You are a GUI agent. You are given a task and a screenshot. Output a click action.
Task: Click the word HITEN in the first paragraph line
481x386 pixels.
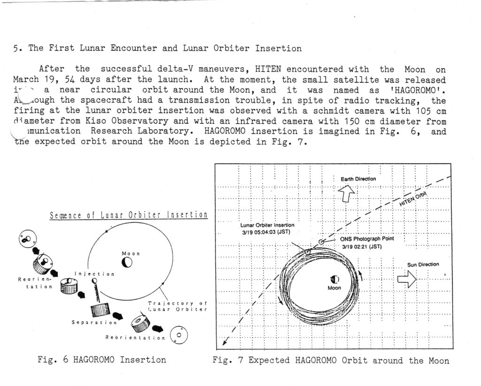click(x=268, y=69)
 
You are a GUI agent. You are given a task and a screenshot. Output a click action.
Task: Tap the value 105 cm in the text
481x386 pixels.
click(x=430, y=110)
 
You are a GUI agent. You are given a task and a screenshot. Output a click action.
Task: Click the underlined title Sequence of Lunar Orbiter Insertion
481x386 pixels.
click(x=128, y=215)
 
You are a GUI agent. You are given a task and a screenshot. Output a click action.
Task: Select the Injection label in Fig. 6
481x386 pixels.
click(x=94, y=274)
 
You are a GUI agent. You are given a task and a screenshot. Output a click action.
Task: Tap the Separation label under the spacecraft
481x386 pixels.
click(x=94, y=323)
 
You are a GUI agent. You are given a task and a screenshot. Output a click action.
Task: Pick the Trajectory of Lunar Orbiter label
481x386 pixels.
click(x=177, y=306)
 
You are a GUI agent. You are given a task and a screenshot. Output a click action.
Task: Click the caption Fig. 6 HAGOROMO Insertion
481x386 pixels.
click(x=101, y=360)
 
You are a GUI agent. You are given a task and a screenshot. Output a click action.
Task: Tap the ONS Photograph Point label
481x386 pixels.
click(x=367, y=239)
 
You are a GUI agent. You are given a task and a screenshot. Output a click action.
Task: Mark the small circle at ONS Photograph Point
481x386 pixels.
click(x=321, y=242)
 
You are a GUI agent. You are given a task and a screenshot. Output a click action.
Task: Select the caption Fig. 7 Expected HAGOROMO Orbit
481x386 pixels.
click(x=330, y=361)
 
